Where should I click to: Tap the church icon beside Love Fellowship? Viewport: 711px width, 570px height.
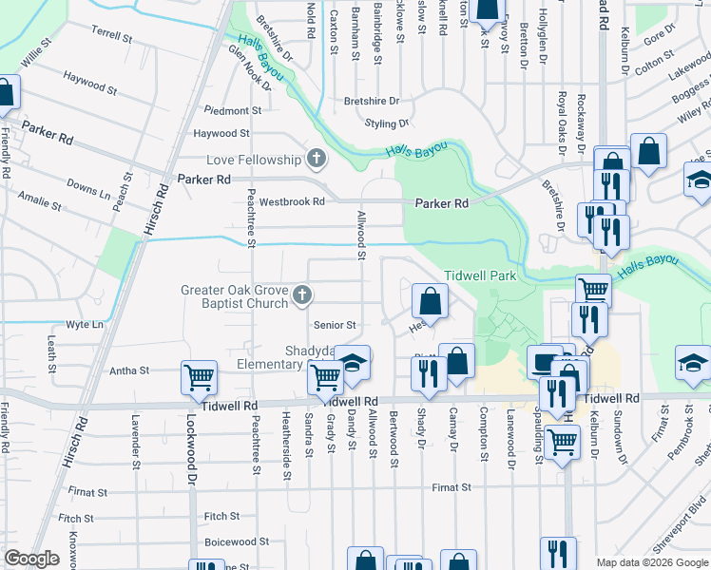(317, 159)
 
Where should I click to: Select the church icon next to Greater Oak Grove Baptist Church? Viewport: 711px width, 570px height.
(301, 295)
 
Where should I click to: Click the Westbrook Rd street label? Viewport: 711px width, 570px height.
(292, 201)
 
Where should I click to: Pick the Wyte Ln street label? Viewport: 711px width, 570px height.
(85, 325)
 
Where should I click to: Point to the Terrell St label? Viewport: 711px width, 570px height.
(112, 34)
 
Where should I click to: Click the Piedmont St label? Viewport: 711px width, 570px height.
(220, 111)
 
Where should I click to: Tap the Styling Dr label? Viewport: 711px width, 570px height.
(387, 123)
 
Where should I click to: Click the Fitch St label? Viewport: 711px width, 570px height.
(221, 516)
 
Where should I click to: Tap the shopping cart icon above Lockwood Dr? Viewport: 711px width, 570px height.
(200, 378)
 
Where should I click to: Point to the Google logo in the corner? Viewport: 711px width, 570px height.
(31, 559)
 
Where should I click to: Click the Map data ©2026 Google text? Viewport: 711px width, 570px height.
(651, 562)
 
